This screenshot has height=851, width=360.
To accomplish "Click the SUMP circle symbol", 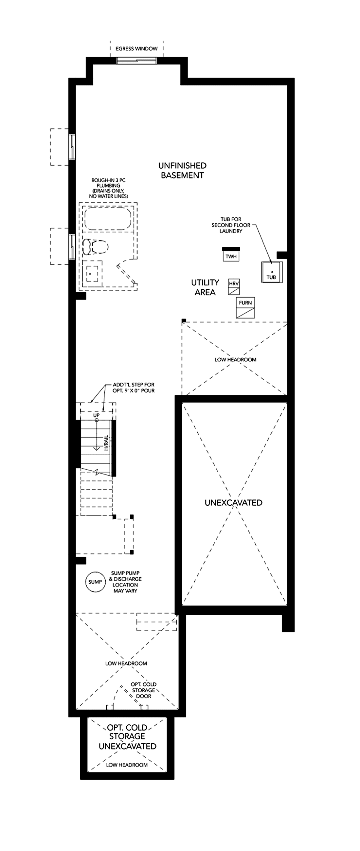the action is tap(95, 582).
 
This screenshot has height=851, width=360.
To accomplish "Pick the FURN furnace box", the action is tap(245, 308).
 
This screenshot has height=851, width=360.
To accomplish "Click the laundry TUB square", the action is tap(272, 272).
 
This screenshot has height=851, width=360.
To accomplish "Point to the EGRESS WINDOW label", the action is tap(136, 48).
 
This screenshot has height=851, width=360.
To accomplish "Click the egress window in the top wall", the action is tap(136, 61).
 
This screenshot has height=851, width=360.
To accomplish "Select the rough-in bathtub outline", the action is tap(108, 219).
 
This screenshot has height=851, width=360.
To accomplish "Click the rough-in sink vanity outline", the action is tap(92, 273).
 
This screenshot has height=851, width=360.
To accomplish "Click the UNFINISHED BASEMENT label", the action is tap(182, 171).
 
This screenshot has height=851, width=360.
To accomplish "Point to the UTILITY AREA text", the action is tap(205, 287).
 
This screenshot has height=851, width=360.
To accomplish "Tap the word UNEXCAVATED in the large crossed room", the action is tap(233, 502).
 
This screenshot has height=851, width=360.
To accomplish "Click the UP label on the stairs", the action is tap(97, 415).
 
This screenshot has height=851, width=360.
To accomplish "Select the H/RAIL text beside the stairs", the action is tap(106, 443).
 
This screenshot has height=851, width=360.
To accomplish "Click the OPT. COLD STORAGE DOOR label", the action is tap(144, 690).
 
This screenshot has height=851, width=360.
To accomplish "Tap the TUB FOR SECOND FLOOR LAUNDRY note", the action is tap(231, 225).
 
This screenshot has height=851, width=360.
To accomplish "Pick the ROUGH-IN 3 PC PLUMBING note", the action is tap(108, 188).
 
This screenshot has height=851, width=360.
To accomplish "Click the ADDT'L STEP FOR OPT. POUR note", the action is tap(134, 388).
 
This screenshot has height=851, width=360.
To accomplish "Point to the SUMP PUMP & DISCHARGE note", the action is tap(125, 582).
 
